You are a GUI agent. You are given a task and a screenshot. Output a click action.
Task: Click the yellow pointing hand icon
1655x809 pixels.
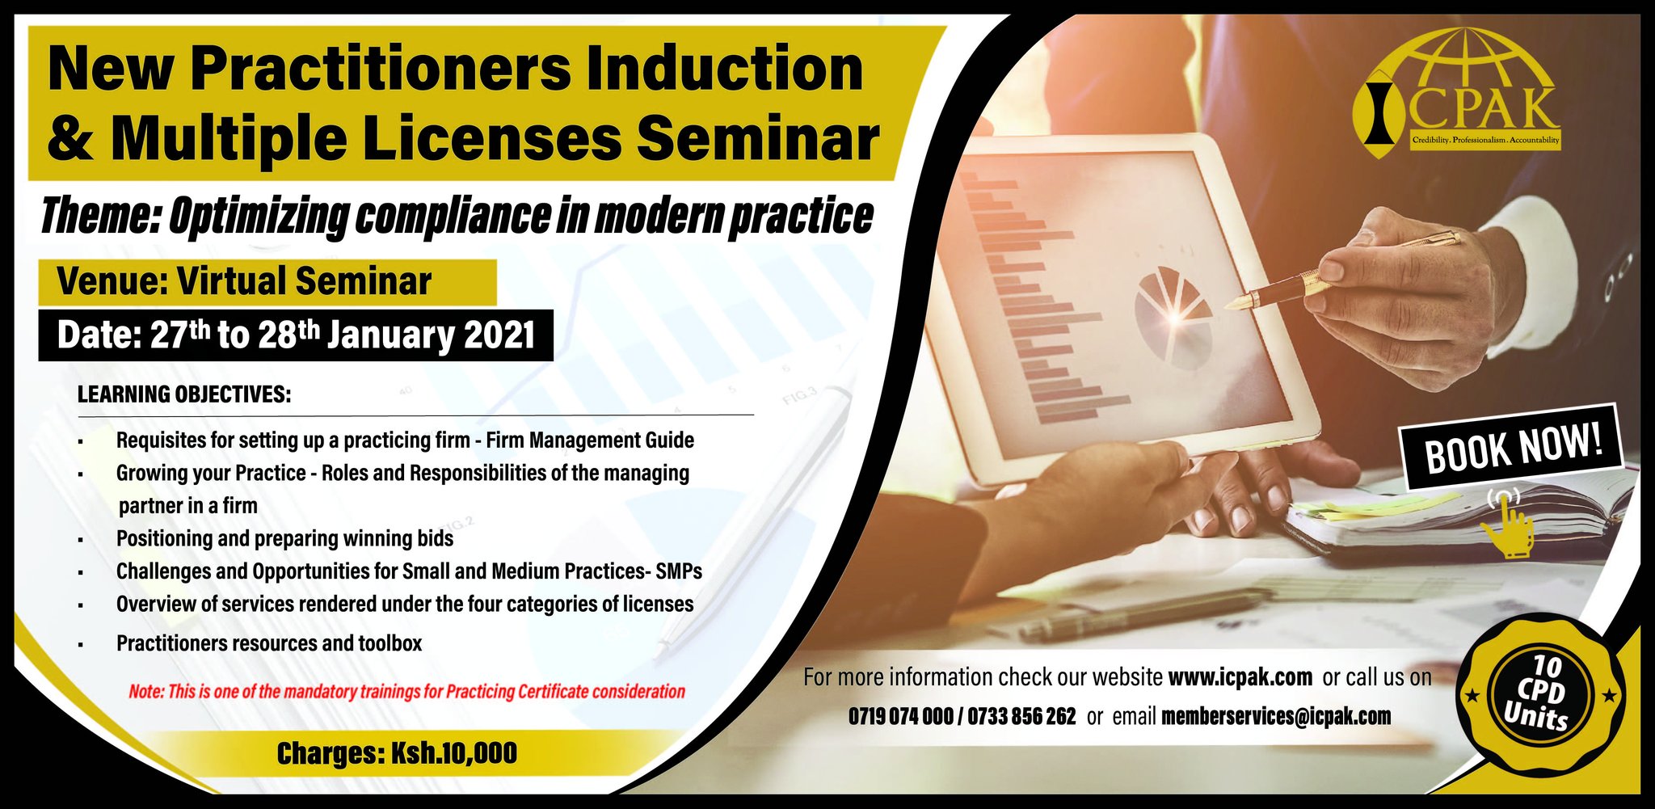1508,525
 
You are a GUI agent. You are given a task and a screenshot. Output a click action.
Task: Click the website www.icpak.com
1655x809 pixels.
1240,677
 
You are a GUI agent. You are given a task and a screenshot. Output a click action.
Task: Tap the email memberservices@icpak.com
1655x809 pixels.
1276,716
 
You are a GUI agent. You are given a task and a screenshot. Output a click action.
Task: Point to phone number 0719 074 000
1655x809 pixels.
900,716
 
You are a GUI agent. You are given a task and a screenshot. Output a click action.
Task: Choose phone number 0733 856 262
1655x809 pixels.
1021,716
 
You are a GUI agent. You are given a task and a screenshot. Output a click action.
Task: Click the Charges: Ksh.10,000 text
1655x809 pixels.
397,753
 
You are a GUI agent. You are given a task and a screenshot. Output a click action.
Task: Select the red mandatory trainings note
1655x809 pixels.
406,692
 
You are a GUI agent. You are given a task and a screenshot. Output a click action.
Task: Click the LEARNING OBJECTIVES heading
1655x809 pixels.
184,394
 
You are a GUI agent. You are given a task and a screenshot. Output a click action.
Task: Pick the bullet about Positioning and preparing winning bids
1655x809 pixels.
284,538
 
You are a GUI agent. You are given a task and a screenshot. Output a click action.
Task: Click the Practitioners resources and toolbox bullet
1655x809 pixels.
269,643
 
